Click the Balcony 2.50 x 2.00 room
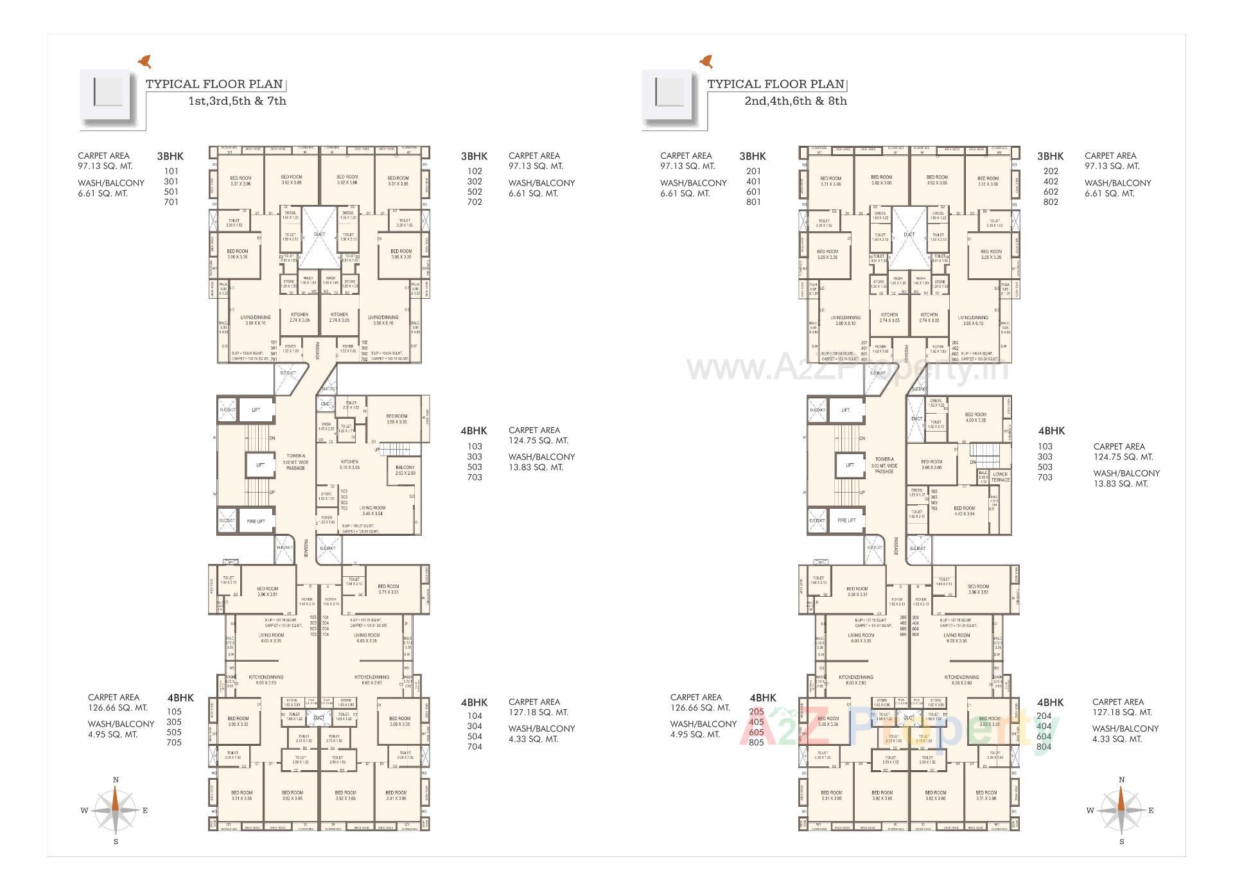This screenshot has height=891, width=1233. [x=405, y=470]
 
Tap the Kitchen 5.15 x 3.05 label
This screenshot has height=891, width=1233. [x=349, y=464]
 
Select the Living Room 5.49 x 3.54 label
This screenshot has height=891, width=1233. [x=372, y=511]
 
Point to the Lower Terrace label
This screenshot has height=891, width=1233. [x=1000, y=477]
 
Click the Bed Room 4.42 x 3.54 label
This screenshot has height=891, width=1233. [x=964, y=511]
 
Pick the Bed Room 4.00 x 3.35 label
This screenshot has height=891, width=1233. [x=975, y=418]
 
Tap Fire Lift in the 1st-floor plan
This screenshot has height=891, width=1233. [x=256, y=521]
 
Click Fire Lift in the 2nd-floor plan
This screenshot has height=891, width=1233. [x=846, y=520]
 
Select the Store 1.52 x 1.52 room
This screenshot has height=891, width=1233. [x=326, y=496]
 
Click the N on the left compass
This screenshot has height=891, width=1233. [x=116, y=780]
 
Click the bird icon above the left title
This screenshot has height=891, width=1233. [x=146, y=61]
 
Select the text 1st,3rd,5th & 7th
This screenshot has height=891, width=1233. [x=237, y=101]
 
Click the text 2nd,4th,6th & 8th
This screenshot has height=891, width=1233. [x=796, y=101]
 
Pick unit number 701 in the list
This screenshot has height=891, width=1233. [x=171, y=202]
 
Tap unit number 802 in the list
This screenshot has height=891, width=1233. [x=1051, y=202]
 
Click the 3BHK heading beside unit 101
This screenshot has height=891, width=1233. [x=170, y=156]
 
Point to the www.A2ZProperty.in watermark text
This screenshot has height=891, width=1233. [x=848, y=369]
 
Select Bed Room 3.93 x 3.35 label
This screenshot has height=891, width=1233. [x=396, y=419]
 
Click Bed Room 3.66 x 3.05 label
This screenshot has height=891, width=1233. [x=931, y=464]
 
